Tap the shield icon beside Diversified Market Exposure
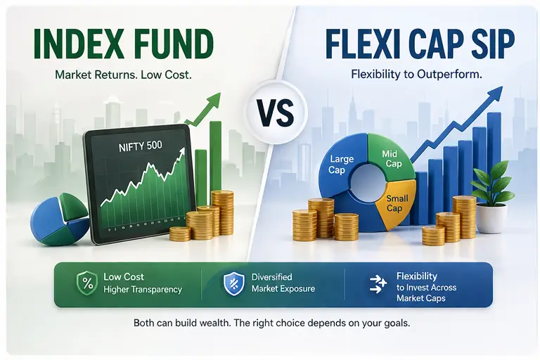(233, 283)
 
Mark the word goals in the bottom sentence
(392, 325)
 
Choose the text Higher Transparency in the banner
(142, 289)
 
